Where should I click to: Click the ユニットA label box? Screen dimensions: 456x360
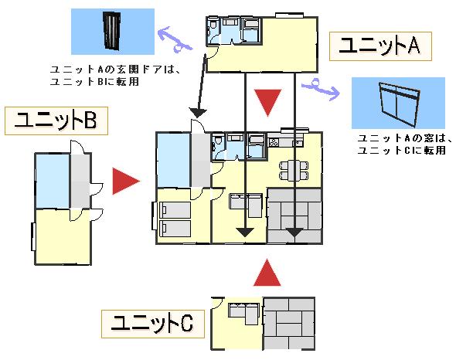point(380,46)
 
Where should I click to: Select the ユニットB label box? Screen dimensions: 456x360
point(56,121)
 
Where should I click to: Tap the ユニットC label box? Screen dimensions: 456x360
point(153,324)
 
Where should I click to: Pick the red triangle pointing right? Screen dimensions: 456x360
point(126,182)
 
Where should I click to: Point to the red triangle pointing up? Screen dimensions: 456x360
point(267,273)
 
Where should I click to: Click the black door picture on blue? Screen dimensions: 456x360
point(113,32)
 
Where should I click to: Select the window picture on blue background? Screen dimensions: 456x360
point(398,103)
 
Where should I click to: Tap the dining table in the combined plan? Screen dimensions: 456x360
point(294,172)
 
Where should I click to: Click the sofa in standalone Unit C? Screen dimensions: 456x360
point(244,313)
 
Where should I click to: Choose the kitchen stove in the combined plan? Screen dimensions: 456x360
point(274,142)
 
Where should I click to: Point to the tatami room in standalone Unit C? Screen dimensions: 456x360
point(289,324)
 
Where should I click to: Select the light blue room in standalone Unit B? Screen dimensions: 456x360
point(53,181)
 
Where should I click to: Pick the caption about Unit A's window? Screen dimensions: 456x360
point(405,144)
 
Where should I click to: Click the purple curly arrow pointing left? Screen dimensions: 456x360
point(175,40)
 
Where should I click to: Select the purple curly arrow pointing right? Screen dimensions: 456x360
point(321,89)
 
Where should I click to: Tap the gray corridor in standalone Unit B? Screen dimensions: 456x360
point(80,181)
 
